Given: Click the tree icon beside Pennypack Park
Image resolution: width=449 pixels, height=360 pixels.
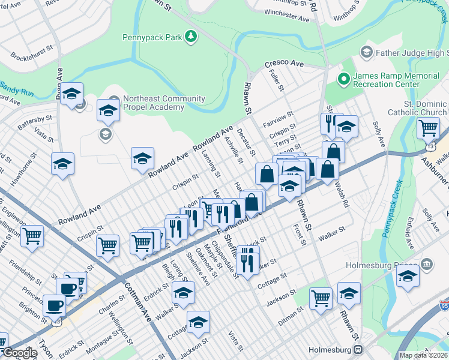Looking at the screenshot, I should pos(190,37).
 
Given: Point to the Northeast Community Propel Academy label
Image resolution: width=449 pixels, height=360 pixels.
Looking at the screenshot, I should pos(155,103).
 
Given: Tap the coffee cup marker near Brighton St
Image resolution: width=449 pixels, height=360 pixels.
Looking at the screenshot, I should pos(55,305).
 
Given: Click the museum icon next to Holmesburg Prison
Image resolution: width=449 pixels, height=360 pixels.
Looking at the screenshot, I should pos(426,263).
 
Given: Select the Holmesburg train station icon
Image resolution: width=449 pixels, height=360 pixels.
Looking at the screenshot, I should pos(358,349).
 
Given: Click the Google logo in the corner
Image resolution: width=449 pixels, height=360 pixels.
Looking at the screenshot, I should pos(19,353).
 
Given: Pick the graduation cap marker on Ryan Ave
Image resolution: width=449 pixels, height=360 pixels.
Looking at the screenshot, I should pos(71,94).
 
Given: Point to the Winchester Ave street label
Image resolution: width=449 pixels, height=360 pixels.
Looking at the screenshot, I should pos(286,16).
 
